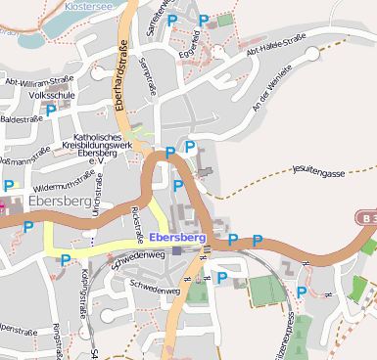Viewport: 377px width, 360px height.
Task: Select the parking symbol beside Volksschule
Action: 51,111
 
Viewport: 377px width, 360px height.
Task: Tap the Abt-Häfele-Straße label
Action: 275,45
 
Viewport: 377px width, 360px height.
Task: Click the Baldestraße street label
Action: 20,118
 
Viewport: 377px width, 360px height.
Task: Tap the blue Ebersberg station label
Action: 178,238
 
